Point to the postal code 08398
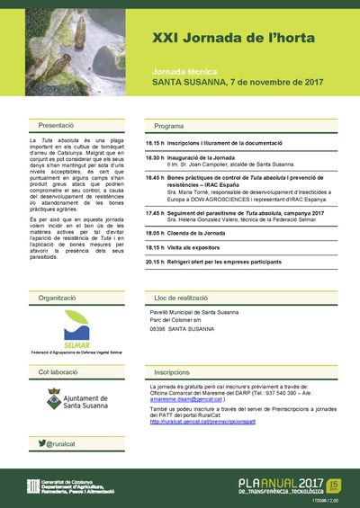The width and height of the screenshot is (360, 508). tap(157, 329)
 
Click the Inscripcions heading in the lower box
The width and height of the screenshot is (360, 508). tap(172, 370)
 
